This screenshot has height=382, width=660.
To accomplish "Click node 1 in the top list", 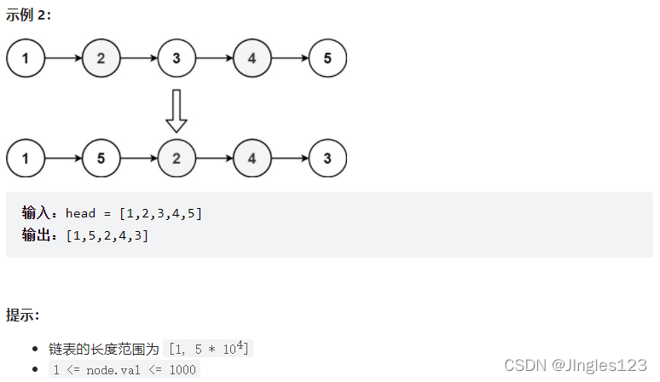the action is pyautogui.click(x=26, y=59).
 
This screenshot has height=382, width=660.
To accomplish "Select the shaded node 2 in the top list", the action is pyautogui.click(x=101, y=59).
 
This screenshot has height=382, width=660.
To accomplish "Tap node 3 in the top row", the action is pyautogui.click(x=177, y=59).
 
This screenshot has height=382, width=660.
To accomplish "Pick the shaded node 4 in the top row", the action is pyautogui.click(x=252, y=59).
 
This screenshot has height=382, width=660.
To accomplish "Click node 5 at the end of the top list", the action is pyautogui.click(x=327, y=59).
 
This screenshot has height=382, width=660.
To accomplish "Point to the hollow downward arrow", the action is pyautogui.click(x=177, y=110).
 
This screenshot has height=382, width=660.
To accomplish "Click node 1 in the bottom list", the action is pyautogui.click(x=26, y=159).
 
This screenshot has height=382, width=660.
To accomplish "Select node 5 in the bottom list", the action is pyautogui.click(x=101, y=159).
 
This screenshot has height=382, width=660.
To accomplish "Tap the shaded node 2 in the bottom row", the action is pyautogui.click(x=177, y=159).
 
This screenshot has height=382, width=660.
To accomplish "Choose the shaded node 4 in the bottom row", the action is pyautogui.click(x=252, y=159).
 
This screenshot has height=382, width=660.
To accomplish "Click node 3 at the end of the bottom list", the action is pyautogui.click(x=327, y=159).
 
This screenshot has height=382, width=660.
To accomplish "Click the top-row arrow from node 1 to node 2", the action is pyautogui.click(x=63, y=59).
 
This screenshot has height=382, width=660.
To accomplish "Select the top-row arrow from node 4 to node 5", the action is pyautogui.click(x=289, y=59).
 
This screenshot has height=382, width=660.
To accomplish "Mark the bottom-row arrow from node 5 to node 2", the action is pyautogui.click(x=138, y=159).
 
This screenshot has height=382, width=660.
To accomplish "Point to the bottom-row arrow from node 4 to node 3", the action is pyautogui.click(x=289, y=159).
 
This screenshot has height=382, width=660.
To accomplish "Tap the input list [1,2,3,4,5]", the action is pyautogui.click(x=160, y=213).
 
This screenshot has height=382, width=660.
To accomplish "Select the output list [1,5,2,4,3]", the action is pyautogui.click(x=107, y=235).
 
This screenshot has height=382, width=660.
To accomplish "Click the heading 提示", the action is pyautogui.click(x=23, y=315).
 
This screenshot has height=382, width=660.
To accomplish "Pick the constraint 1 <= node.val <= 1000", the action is pyautogui.click(x=124, y=370).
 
